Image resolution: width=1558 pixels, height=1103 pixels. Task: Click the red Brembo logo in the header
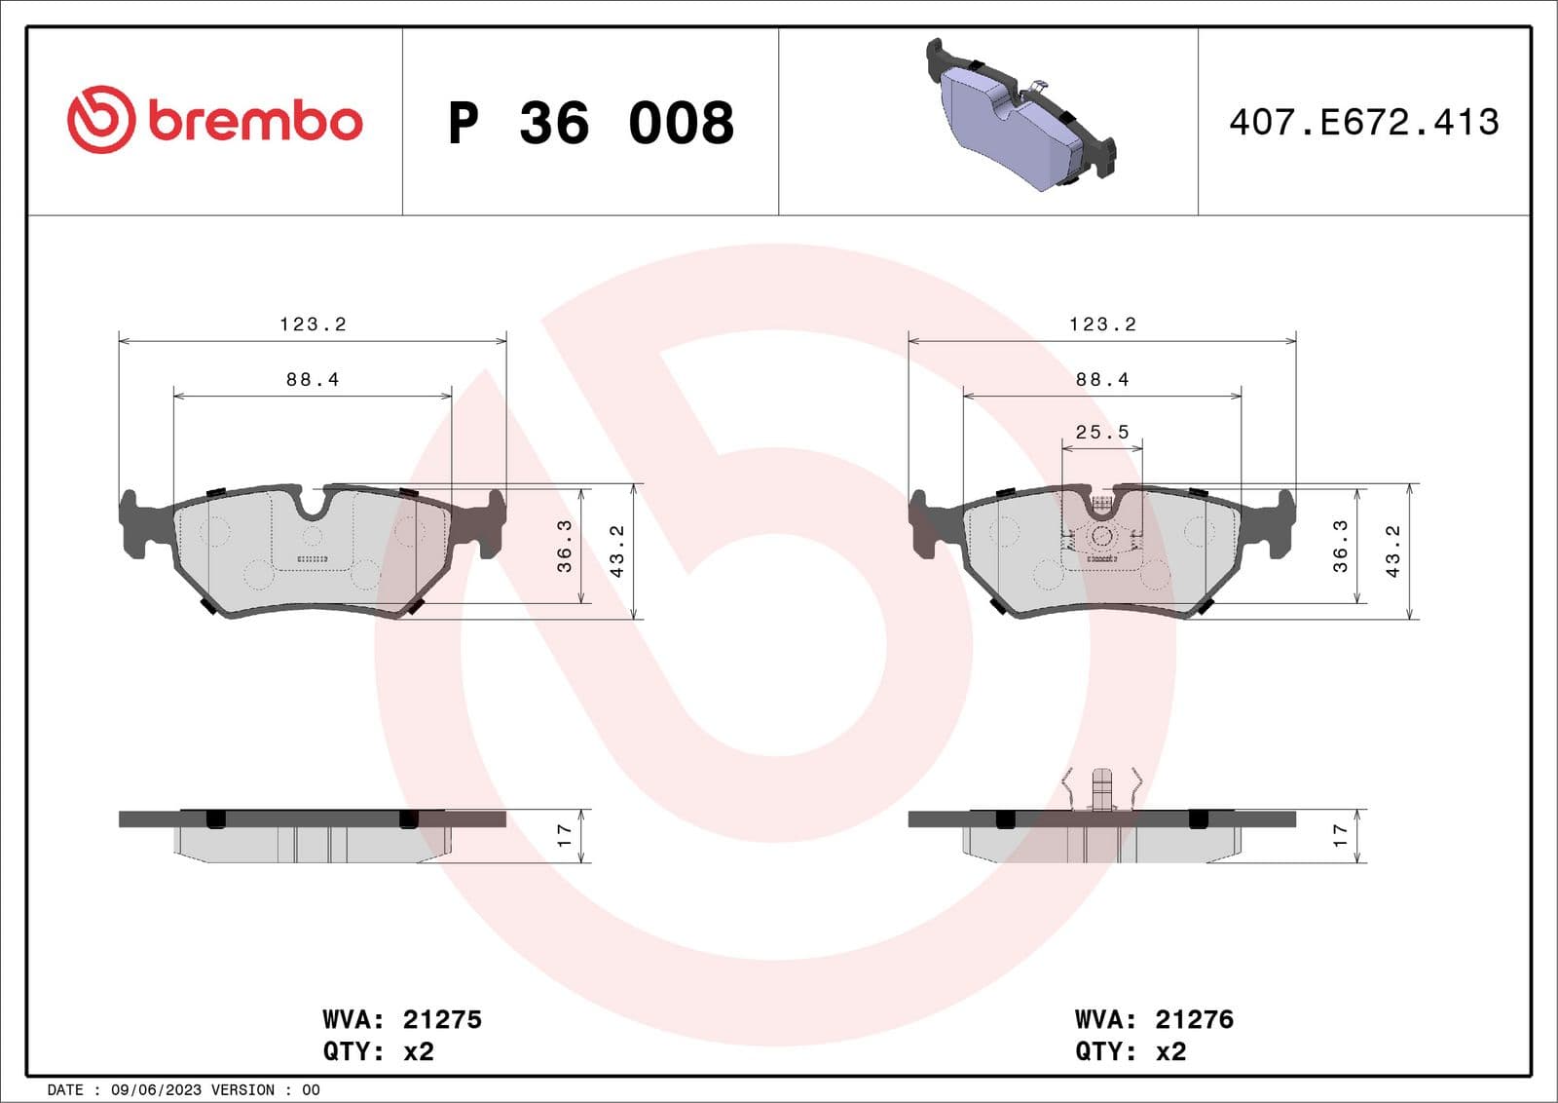[214, 120]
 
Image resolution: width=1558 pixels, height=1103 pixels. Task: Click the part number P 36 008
[590, 123]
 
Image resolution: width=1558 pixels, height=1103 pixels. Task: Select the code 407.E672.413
[1363, 123]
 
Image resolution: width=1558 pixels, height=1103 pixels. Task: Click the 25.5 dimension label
[1102, 432]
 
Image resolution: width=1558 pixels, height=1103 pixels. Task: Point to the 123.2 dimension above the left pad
[313, 324]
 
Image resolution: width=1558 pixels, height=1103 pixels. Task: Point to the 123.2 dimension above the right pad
[1102, 324]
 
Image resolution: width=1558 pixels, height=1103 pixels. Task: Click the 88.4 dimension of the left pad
[313, 380]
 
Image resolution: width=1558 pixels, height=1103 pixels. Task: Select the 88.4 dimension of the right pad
[1102, 380]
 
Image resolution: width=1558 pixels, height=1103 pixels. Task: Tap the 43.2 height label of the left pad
[616, 551]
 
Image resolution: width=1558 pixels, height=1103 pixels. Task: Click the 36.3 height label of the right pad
[1340, 546]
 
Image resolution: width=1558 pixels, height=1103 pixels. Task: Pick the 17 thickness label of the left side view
[564, 835]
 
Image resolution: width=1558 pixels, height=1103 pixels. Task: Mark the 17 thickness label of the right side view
[1340, 835]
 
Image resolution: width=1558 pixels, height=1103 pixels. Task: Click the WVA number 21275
[442, 1019]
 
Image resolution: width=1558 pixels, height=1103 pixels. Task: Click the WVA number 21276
[1194, 1019]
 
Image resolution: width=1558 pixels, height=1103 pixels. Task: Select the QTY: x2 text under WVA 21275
[378, 1052]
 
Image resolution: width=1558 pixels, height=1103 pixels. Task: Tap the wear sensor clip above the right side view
[1101, 788]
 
